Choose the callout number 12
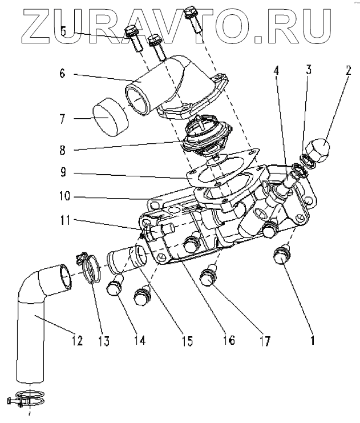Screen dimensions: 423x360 (76, 341)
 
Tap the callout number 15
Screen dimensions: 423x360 (186, 341)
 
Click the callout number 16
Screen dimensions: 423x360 (227, 341)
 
